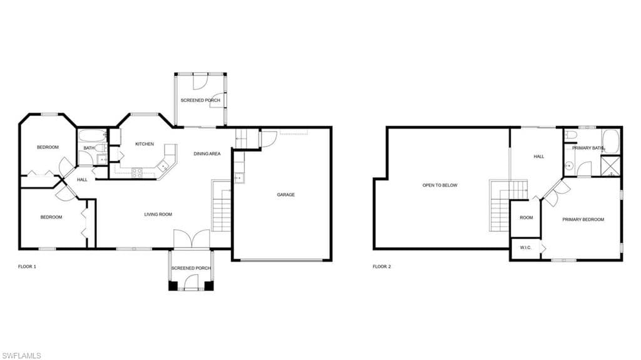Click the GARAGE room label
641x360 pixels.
tap(285, 195)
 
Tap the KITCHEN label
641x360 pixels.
tap(145, 144)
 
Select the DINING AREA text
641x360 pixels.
tap(207, 154)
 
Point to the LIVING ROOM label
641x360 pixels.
tap(158, 214)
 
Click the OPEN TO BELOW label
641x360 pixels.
tap(440, 185)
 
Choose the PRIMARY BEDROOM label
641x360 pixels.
tap(583, 220)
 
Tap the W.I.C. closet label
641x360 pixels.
tap(526, 247)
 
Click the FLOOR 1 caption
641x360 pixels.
tap(27, 267)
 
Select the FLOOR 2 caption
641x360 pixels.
tap(382, 267)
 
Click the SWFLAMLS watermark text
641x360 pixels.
tap(21, 356)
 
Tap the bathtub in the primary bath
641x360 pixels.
tap(611, 141)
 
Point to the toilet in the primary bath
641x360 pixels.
tap(571, 135)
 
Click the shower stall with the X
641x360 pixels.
tap(610, 166)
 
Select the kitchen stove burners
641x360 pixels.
tap(137, 173)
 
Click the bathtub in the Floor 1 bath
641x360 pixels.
tap(93, 135)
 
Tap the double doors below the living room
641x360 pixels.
tap(192, 239)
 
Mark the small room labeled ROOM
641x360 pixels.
tap(526, 218)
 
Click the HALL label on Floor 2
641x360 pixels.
tap(539, 157)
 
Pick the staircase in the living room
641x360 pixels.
tap(221, 205)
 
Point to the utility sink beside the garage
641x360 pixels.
tap(239, 178)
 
